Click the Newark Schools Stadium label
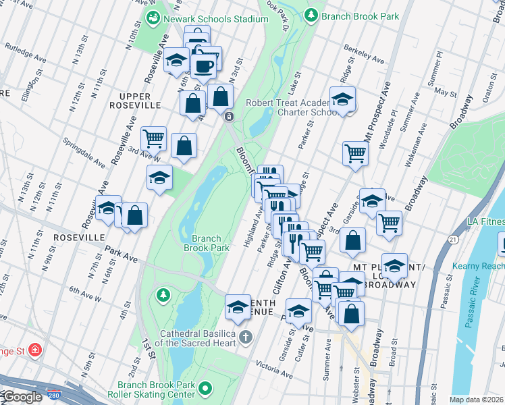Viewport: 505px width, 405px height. pos(214,19)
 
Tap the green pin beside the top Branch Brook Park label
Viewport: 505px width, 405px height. pos(311,15)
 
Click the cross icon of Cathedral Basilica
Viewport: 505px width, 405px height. pos(246,336)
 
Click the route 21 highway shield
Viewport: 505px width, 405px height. pos(452,240)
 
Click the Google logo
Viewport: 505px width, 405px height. pos(22,397)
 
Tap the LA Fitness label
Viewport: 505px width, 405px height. pos(485,221)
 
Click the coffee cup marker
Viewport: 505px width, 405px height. pos(203,66)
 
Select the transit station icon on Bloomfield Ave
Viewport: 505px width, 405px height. pos(229,117)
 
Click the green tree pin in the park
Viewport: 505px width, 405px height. pos(162,295)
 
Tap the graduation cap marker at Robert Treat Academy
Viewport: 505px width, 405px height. pos(342,99)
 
